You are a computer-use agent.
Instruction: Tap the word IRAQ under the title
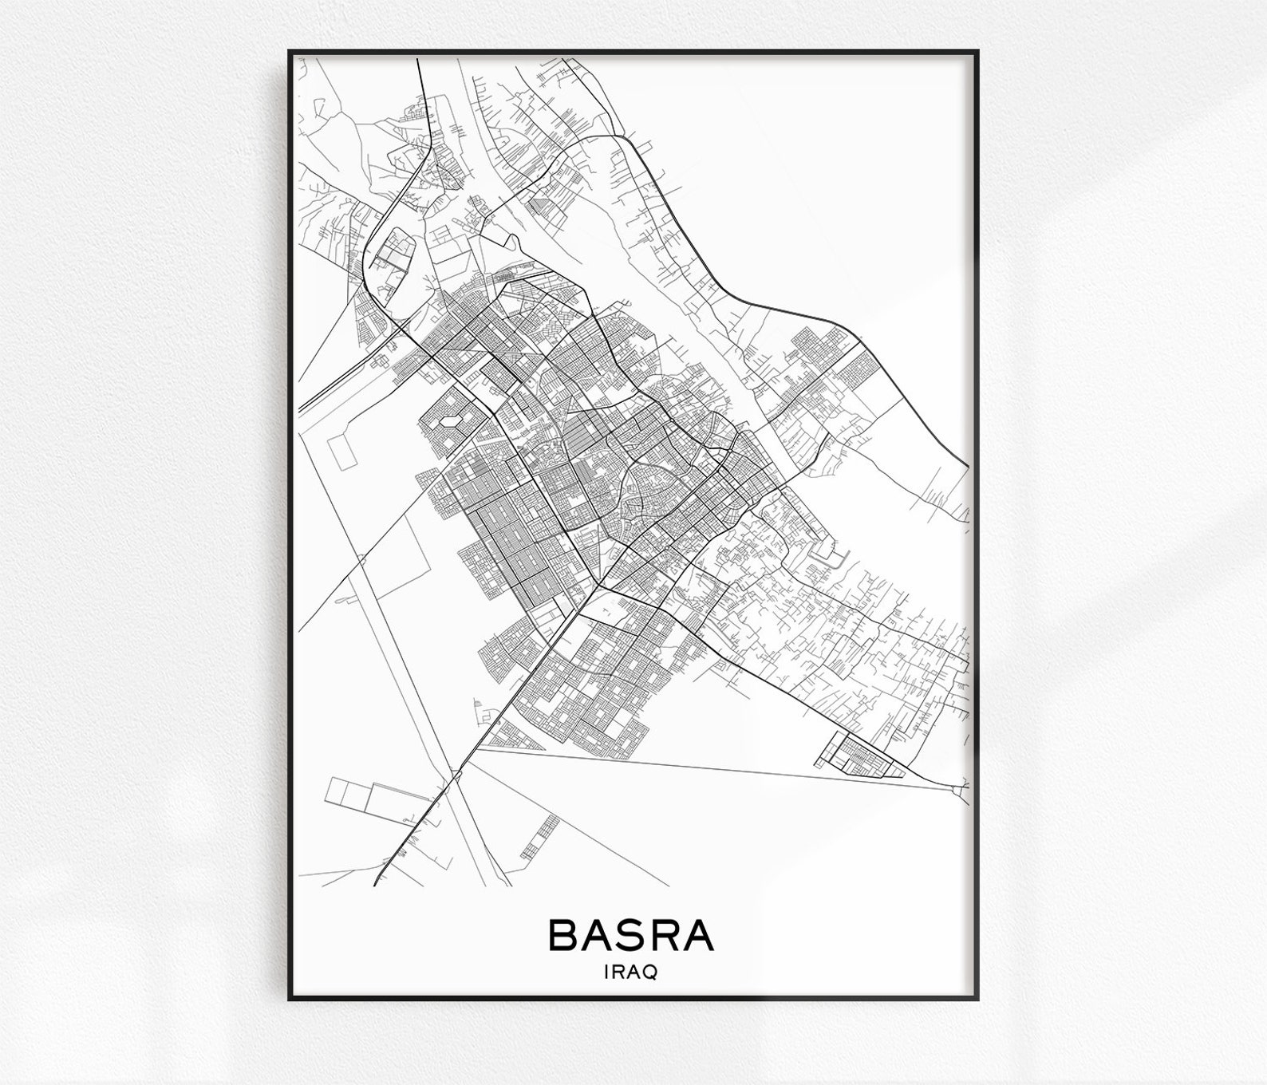631,973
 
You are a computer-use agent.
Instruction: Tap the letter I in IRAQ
609,973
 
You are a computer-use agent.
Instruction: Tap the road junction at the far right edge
957,790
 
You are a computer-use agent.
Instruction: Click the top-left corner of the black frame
290,52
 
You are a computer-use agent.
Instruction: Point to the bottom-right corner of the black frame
977,998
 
